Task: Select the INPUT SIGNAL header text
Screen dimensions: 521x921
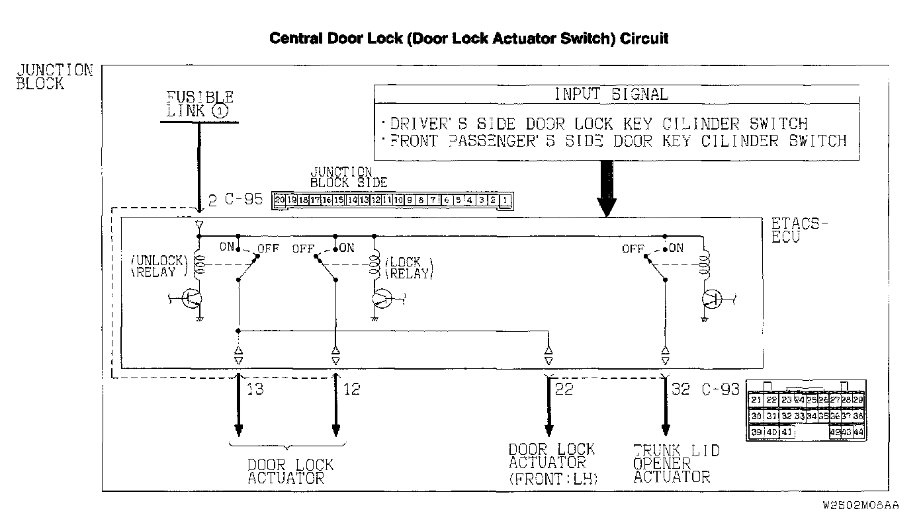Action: tap(611, 94)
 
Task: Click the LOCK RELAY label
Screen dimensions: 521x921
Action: tap(409, 268)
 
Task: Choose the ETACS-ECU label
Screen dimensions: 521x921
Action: tap(799, 230)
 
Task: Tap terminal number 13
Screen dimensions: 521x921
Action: tap(254, 389)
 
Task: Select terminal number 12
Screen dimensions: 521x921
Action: tap(351, 389)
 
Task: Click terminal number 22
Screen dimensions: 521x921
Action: tap(564, 389)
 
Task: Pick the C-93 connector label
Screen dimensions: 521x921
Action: tap(720, 389)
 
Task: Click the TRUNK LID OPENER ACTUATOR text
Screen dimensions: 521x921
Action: tap(675, 463)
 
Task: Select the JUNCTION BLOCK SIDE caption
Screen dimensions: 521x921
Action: tap(348, 177)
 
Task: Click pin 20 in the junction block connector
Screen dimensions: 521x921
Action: tap(279, 200)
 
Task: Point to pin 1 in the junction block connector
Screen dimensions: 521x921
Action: tap(505, 200)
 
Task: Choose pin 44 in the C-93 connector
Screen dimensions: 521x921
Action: tap(858, 432)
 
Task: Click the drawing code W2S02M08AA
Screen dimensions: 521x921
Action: tap(860, 505)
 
